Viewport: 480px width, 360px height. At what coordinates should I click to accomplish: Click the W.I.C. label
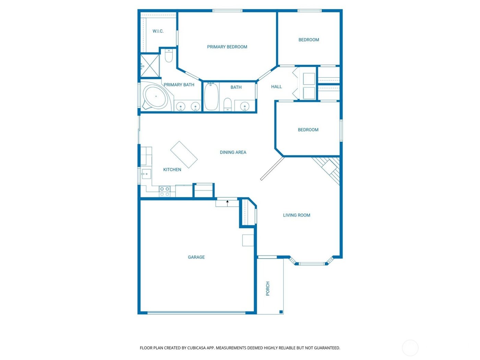pyautogui.click(x=158, y=31)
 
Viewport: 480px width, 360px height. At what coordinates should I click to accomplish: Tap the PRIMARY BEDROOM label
pyautogui.click(x=227, y=47)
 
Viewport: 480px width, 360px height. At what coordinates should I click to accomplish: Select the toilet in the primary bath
pyautogui.click(x=169, y=56)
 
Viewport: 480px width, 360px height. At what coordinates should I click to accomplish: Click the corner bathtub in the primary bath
pyautogui.click(x=155, y=97)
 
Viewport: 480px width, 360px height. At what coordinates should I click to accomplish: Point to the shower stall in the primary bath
pyautogui.click(x=150, y=66)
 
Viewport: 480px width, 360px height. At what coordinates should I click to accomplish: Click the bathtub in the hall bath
pyautogui.click(x=211, y=97)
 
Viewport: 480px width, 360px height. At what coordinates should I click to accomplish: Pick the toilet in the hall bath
pyautogui.click(x=228, y=104)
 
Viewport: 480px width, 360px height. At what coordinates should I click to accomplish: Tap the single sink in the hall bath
pyautogui.click(x=244, y=106)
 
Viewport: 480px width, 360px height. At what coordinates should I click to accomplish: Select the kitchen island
pyautogui.click(x=184, y=155)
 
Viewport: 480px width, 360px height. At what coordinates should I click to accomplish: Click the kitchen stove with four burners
pyautogui.click(x=165, y=192)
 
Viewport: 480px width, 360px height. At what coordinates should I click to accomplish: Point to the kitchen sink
pyautogui.click(x=146, y=174)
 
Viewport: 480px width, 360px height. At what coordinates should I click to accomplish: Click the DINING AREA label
pyautogui.click(x=233, y=152)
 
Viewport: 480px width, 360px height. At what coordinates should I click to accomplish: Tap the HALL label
pyautogui.click(x=276, y=87)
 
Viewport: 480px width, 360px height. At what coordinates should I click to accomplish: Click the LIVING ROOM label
pyautogui.click(x=297, y=215)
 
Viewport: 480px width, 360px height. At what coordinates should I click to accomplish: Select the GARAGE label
pyautogui.click(x=196, y=257)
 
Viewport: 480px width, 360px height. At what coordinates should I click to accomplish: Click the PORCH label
pyautogui.click(x=268, y=289)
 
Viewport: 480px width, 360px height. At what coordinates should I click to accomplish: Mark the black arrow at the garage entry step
pyautogui.click(x=227, y=202)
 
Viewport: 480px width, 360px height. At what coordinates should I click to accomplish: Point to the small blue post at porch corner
pyautogui.click(x=281, y=312)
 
